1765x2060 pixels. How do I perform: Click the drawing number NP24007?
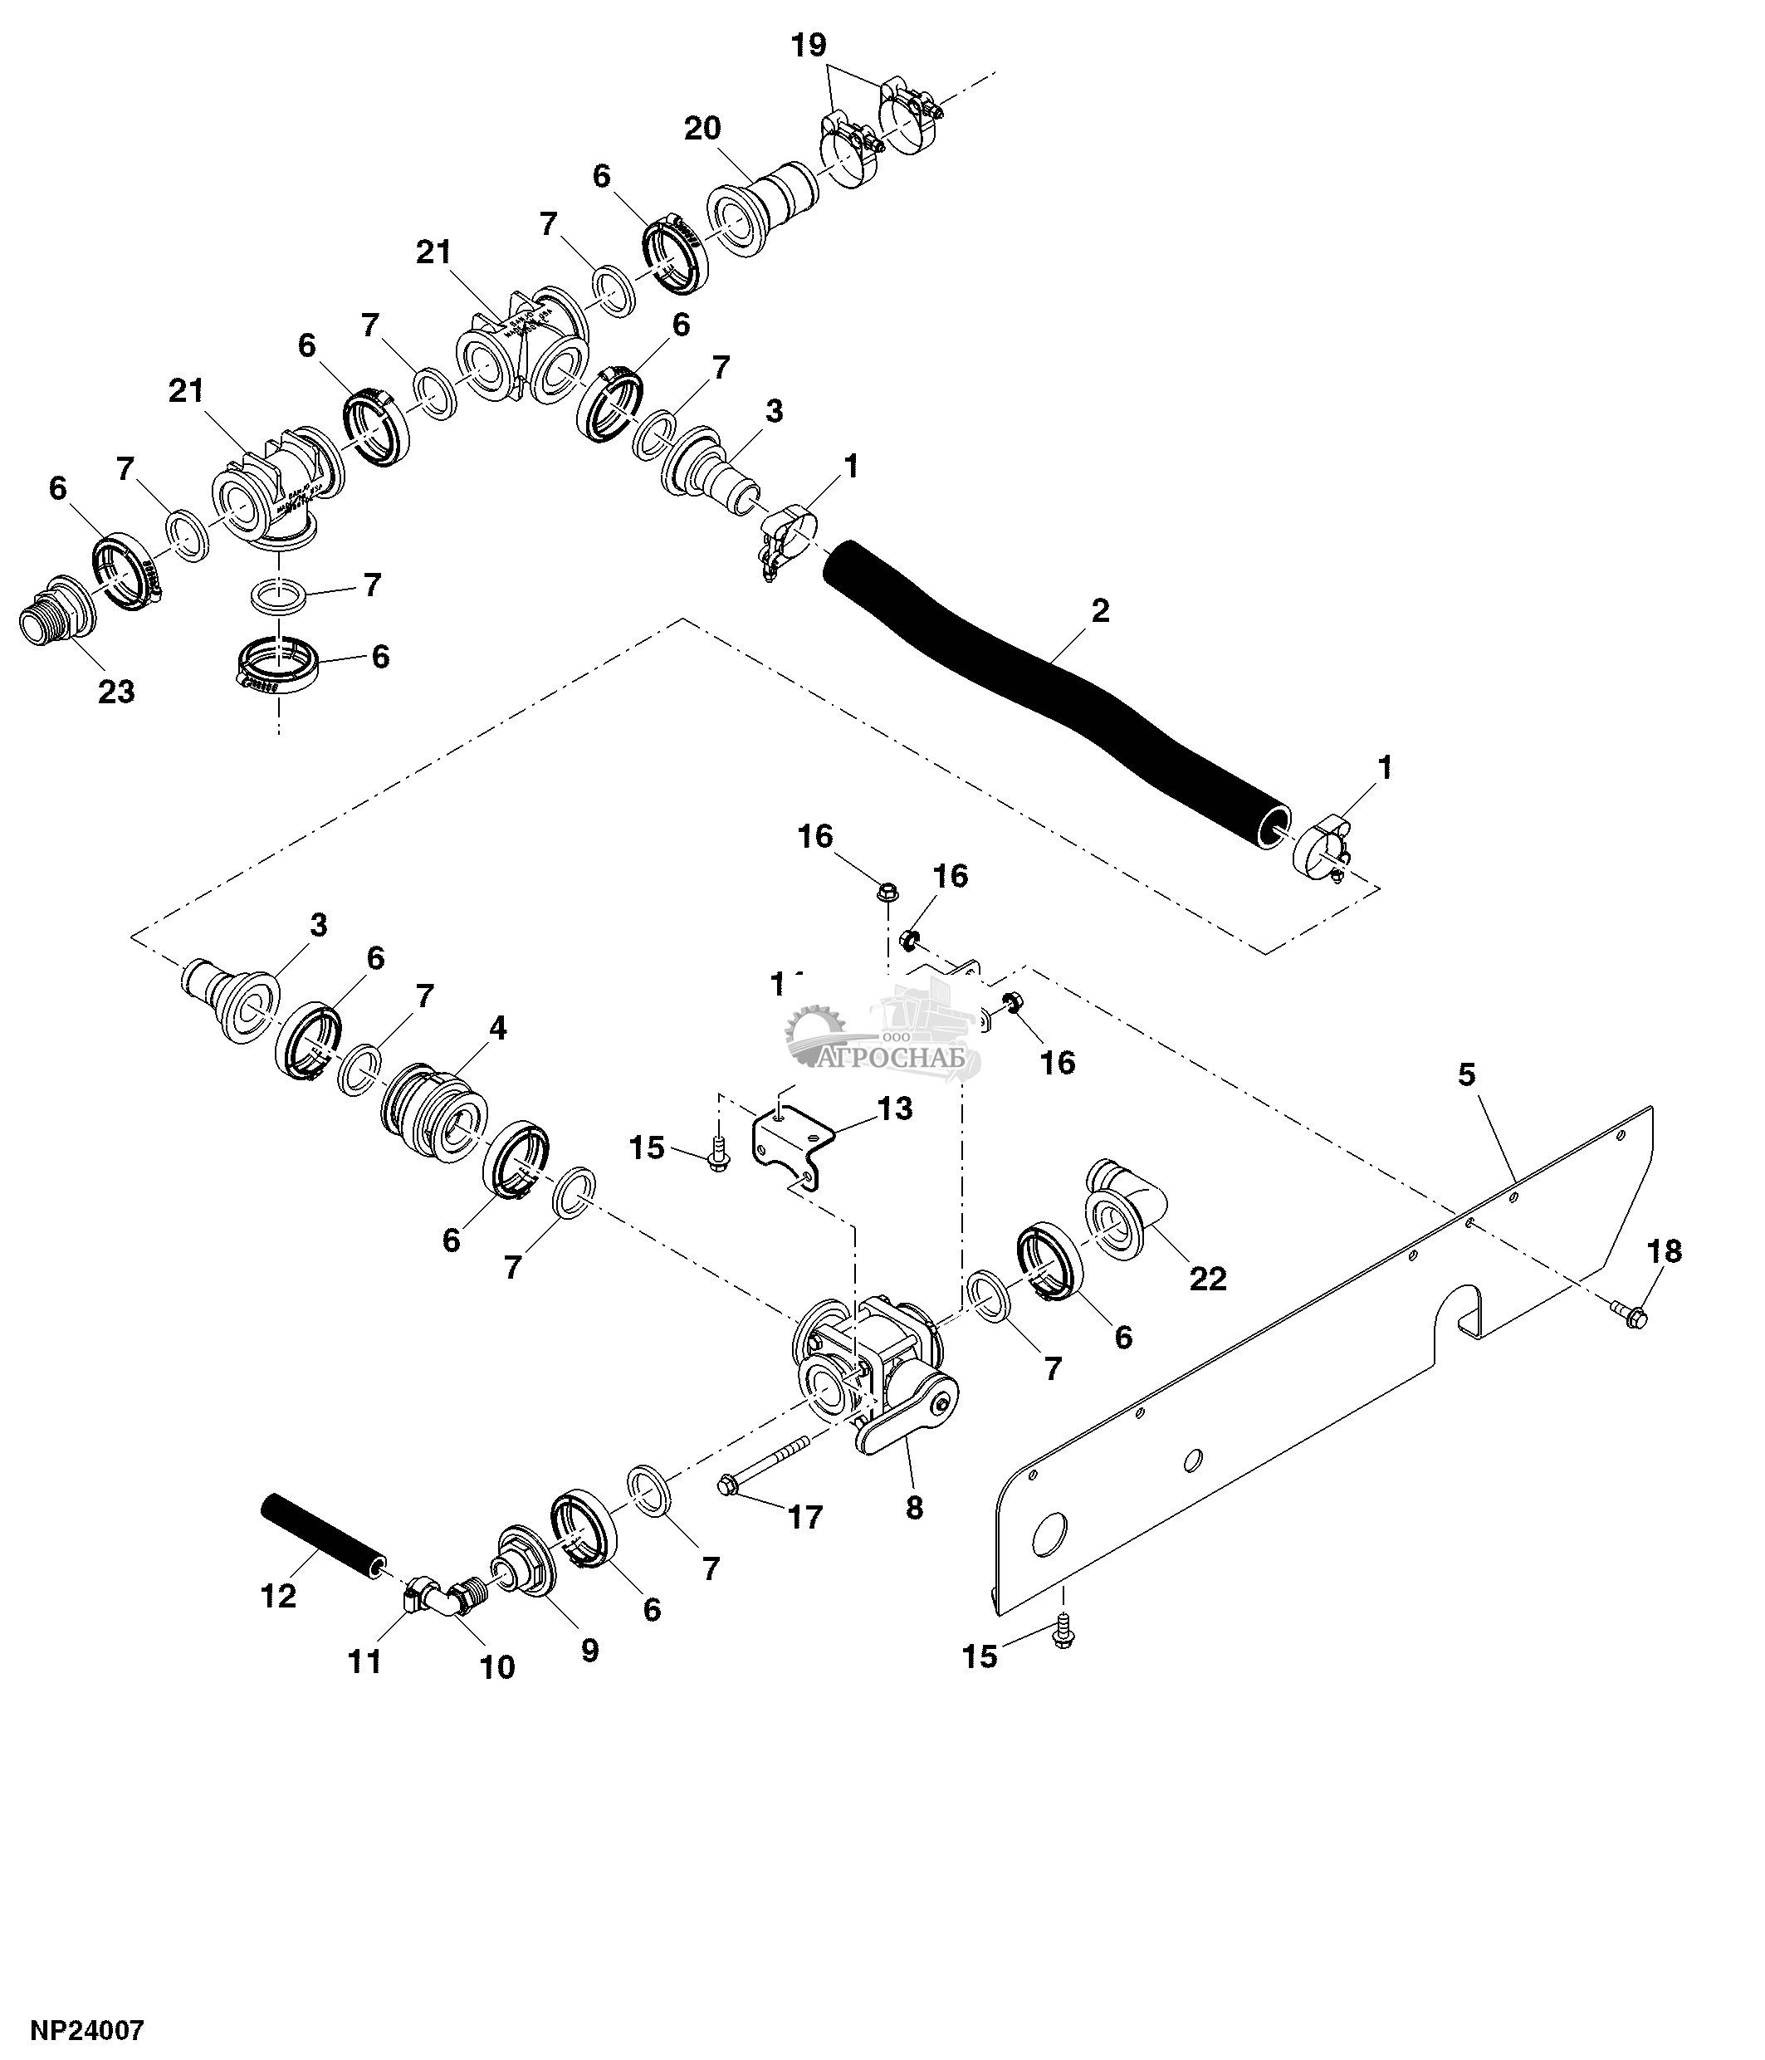point(87,2029)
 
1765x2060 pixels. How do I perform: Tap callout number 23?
point(115,692)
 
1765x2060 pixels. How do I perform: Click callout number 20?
point(702,130)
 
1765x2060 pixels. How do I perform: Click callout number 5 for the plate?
point(1467,1074)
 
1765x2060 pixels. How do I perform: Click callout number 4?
point(497,1029)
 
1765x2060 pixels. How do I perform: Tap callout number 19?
point(809,46)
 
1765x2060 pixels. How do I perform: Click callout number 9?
point(589,1651)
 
